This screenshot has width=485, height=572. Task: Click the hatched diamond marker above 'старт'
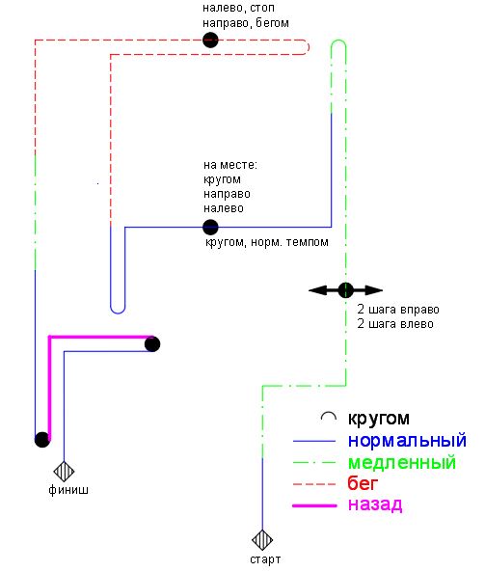[x=262, y=540]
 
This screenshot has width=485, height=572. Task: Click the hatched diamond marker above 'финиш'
[x=64, y=472]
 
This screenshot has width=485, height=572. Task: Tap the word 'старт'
[x=265, y=559]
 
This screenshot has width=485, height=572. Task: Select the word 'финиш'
[x=68, y=490]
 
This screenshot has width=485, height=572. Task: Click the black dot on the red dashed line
[x=210, y=40]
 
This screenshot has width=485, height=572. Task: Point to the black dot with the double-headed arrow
[x=346, y=290]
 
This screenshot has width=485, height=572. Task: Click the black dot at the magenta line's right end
[x=152, y=344]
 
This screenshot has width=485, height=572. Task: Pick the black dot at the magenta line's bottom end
[x=42, y=440]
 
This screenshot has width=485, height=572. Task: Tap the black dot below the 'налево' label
[x=210, y=228]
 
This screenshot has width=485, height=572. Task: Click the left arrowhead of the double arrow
[x=317, y=290]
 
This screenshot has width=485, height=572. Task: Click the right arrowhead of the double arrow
[x=374, y=290]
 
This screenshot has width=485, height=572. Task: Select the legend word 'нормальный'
[x=407, y=440]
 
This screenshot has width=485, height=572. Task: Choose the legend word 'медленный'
[x=402, y=462]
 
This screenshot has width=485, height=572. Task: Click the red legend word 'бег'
[x=363, y=483]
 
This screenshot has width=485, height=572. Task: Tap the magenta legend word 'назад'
[x=375, y=504]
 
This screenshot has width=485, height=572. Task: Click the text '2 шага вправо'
[x=398, y=310]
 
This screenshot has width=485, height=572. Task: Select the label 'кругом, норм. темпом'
[x=267, y=242]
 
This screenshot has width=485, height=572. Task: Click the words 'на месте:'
[x=230, y=165]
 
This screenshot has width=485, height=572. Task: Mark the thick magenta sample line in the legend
[x=314, y=505]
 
